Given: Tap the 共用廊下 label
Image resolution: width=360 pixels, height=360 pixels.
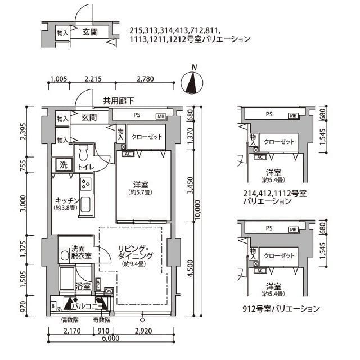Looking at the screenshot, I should click(x=118, y=101).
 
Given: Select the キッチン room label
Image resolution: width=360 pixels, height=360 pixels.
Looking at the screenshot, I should click(x=66, y=201).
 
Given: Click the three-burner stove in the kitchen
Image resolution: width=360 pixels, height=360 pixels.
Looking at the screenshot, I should click(x=86, y=183).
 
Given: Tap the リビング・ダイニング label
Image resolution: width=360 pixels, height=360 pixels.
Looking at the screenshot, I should click(x=133, y=253).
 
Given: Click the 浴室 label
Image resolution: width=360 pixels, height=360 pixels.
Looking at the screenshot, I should click(x=83, y=286).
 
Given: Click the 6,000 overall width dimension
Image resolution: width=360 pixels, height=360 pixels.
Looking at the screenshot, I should click(x=111, y=339).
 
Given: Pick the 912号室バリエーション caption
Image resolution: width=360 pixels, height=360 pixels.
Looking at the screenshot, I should click(x=282, y=309).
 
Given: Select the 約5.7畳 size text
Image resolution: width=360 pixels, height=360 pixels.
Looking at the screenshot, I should click(x=141, y=192).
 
